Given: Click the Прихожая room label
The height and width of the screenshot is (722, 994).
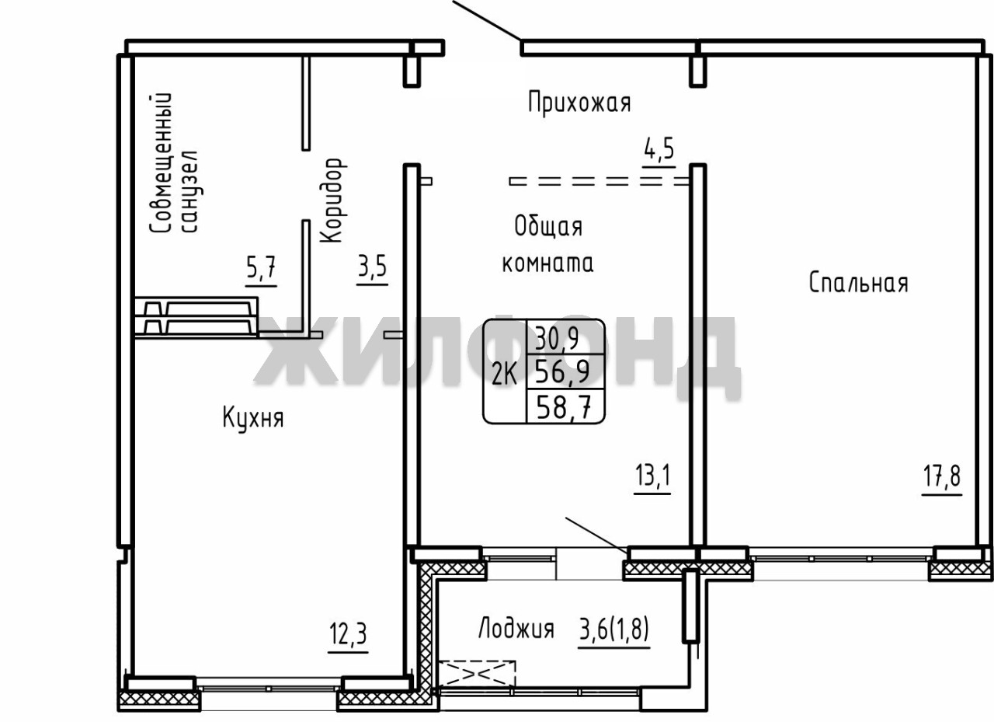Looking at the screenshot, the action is click(x=579, y=103).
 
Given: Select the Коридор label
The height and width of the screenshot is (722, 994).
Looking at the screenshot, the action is click(x=333, y=201).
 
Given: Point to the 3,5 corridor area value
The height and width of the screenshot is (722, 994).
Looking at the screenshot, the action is click(x=372, y=267).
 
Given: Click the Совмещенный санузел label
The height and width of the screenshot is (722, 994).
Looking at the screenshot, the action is click(x=174, y=162).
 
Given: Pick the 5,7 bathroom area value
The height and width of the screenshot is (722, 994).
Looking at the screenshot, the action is click(x=261, y=267).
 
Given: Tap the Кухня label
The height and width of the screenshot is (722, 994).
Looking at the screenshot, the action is click(x=253, y=418).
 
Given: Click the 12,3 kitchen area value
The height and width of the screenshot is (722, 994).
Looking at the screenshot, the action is click(x=348, y=633).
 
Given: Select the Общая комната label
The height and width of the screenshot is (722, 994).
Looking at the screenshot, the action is click(x=548, y=245).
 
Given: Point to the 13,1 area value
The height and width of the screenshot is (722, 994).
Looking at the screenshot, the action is click(x=652, y=476).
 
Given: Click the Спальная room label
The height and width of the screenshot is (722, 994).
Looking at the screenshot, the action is click(x=859, y=283).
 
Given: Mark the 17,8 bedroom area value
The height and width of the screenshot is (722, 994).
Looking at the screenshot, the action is click(x=942, y=476).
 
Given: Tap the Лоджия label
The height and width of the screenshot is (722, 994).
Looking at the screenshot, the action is click(x=516, y=630).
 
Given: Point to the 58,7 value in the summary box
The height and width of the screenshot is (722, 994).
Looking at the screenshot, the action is click(x=564, y=406).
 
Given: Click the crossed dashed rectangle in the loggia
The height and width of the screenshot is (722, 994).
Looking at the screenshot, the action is click(x=477, y=674).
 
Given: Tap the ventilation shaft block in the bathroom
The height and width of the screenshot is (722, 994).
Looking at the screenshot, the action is click(x=196, y=317).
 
